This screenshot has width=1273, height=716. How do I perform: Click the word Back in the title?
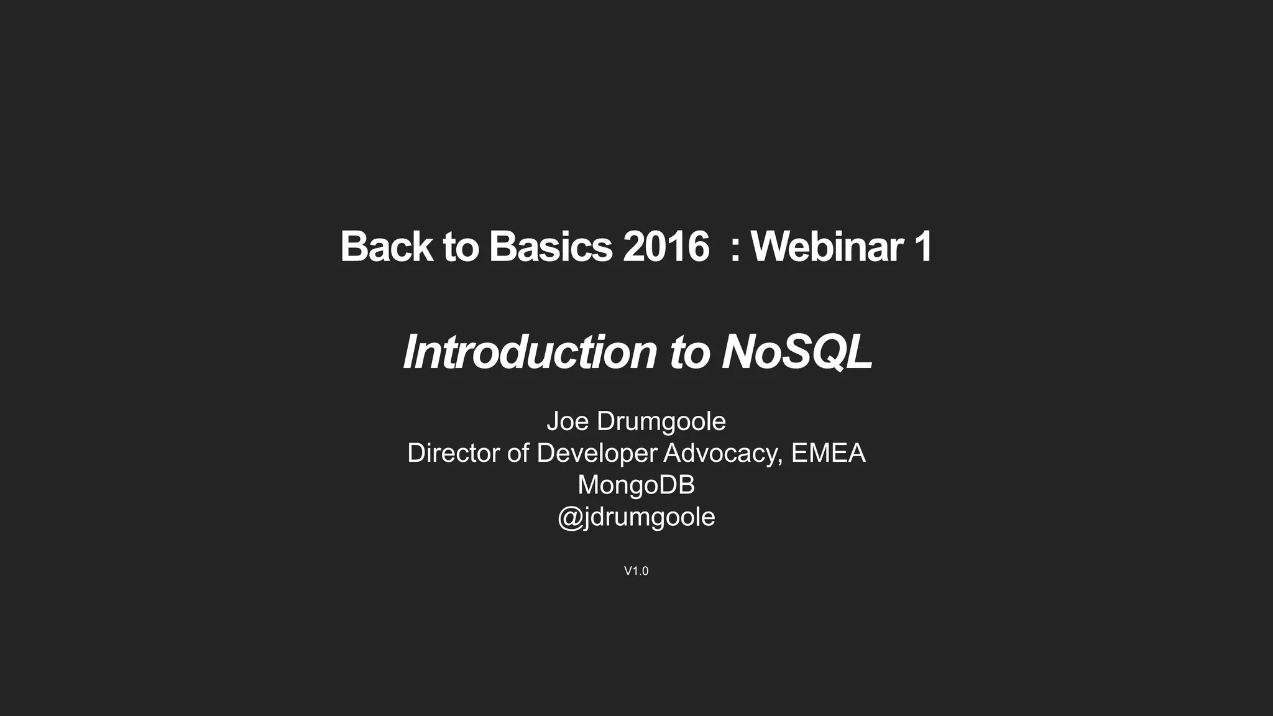[386, 247]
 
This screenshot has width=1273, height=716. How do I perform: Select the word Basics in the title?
[551, 247]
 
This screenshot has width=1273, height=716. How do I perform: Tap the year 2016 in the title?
[666, 247]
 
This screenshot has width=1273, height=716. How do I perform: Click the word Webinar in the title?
[827, 247]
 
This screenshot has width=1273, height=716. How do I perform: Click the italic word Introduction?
[530, 352]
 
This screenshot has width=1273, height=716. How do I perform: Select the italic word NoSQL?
[797, 352]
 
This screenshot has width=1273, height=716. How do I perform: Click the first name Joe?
[568, 421]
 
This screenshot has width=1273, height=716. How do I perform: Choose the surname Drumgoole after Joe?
[661, 421]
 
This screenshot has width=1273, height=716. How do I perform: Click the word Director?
[454, 453]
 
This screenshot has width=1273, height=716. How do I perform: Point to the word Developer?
[597, 453]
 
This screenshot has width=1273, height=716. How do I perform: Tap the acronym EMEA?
[828, 453]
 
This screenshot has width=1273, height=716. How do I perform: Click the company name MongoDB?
[636, 485]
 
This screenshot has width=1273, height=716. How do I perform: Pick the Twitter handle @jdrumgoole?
[636, 517]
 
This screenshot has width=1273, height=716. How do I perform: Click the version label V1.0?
[636, 571]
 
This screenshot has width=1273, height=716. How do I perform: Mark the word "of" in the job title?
[518, 453]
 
